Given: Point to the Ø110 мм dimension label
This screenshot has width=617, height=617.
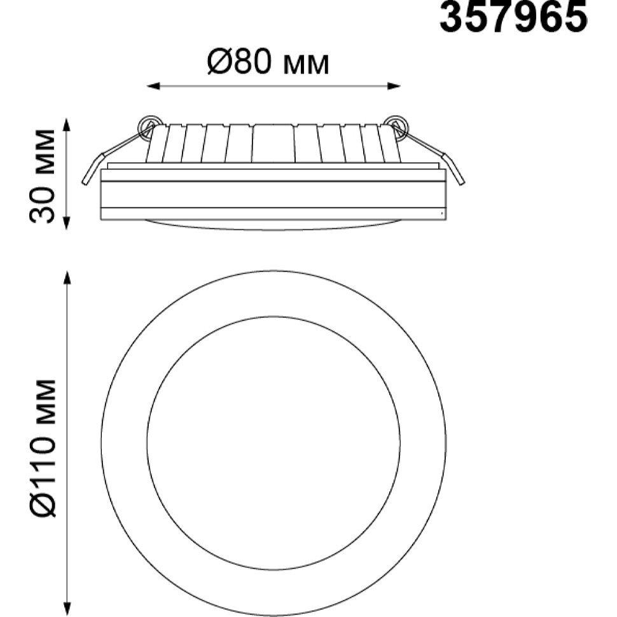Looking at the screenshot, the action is [43, 448].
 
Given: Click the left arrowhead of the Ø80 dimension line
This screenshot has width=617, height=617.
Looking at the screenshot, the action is [153, 86].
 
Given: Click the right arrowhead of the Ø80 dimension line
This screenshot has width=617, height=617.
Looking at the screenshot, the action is [394, 86].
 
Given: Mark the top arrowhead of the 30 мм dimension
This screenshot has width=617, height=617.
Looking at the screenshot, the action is [67, 125].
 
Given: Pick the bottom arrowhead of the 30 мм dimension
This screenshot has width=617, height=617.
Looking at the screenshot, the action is [67, 223].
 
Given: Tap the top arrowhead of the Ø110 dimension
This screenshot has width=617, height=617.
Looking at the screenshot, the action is [67, 278].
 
